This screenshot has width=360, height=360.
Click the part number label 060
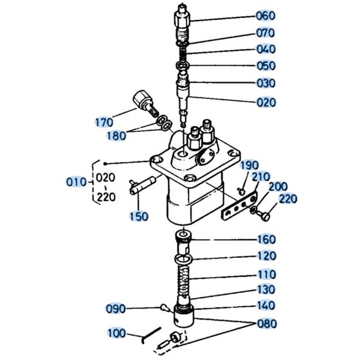[x=265, y=15]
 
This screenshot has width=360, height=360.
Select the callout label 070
[x=265, y=32]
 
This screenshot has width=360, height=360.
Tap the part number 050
[x=265, y=66]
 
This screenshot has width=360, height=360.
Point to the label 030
[x=265, y=83]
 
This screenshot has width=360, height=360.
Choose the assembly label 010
[x=75, y=182]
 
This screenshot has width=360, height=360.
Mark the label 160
[x=265, y=240]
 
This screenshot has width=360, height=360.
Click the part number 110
[x=265, y=273]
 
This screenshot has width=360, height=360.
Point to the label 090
[x=116, y=309]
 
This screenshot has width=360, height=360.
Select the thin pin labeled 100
[x=147, y=334]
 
